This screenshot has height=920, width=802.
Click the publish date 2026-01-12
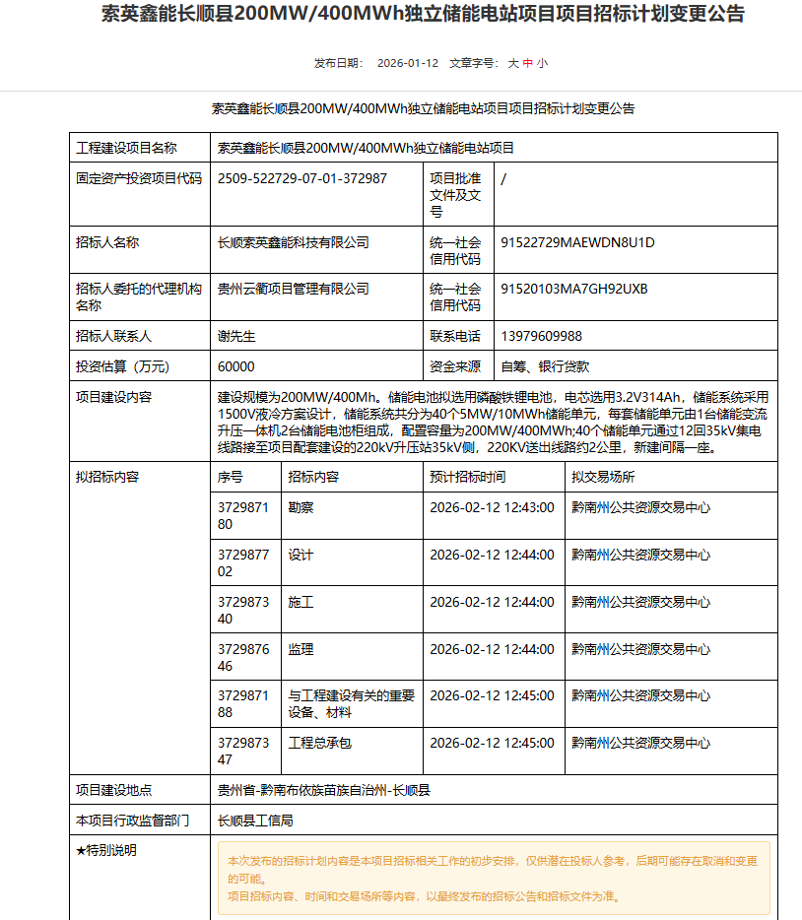407,63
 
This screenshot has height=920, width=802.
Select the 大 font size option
512,63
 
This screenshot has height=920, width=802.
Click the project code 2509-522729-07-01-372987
301,178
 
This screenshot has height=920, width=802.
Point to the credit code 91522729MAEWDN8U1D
577,242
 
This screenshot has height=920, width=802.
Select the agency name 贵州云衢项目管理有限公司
293,290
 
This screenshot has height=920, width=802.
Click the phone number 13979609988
541,336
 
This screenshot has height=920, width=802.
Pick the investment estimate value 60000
235,366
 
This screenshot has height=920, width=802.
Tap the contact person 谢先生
236,336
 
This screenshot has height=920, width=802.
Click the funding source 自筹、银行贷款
545,366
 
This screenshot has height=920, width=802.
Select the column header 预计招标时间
467,477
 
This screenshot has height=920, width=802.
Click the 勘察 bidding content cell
301,508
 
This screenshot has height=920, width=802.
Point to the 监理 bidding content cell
301,650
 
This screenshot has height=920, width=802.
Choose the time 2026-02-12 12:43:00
492,508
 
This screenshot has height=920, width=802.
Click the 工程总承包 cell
319,743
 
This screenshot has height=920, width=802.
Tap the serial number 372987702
242,562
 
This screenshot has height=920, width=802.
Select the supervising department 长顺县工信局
255,820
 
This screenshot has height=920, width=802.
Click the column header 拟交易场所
603,477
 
